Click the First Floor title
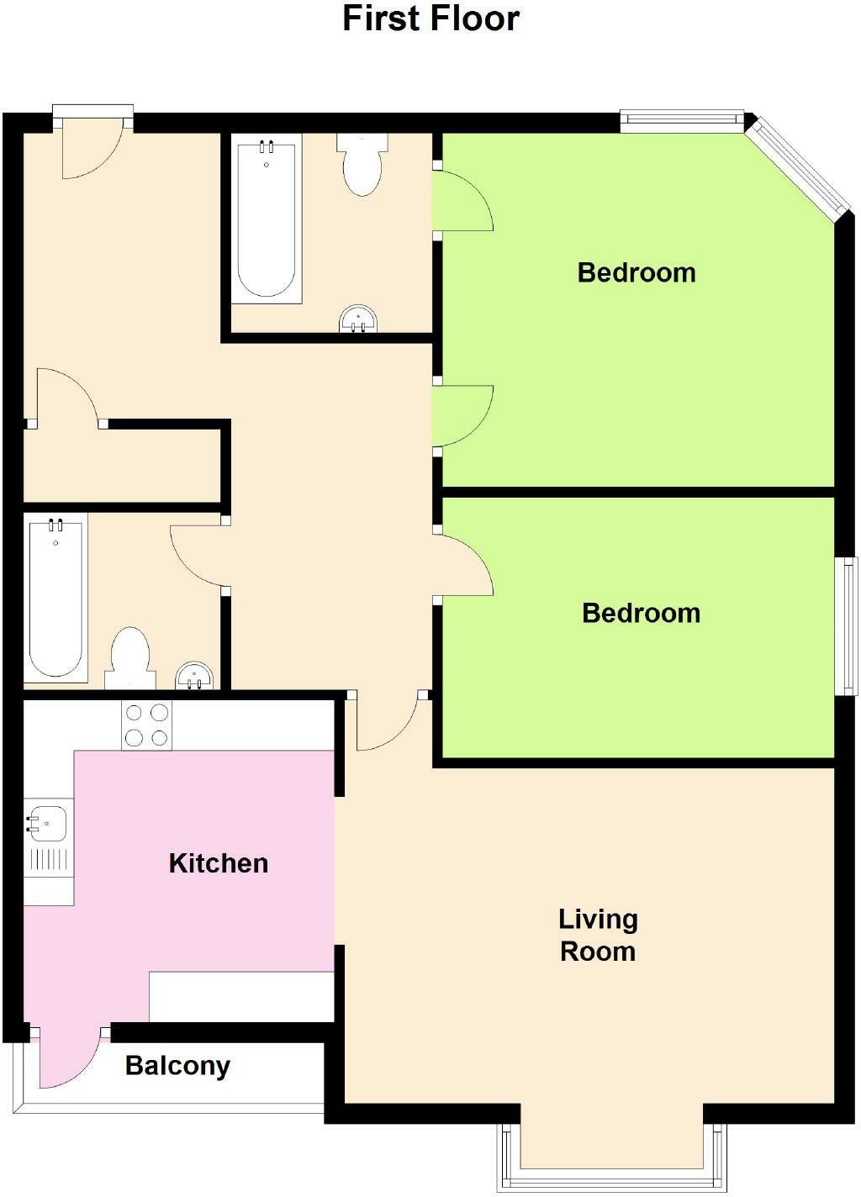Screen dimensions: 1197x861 pyautogui.click(x=430, y=18)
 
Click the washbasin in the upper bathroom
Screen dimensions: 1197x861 pyautogui.click(x=358, y=320)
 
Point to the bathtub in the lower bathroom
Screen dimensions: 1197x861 pyautogui.click(x=55, y=598)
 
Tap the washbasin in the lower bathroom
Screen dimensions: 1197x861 pyautogui.click(x=194, y=676)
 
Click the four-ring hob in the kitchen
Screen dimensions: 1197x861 pyautogui.click(x=146, y=725)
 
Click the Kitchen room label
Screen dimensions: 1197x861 pyautogui.click(x=219, y=863)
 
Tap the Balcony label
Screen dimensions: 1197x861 pyautogui.click(x=177, y=1066)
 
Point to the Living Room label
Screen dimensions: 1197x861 pyautogui.click(x=598, y=935)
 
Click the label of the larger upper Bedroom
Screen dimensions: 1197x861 pyautogui.click(x=637, y=272)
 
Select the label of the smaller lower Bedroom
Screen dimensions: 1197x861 pyautogui.click(x=641, y=613)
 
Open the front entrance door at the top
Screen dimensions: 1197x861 pyautogui.click(x=92, y=147)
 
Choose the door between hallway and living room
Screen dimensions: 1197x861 pyautogui.click(x=388, y=723)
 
